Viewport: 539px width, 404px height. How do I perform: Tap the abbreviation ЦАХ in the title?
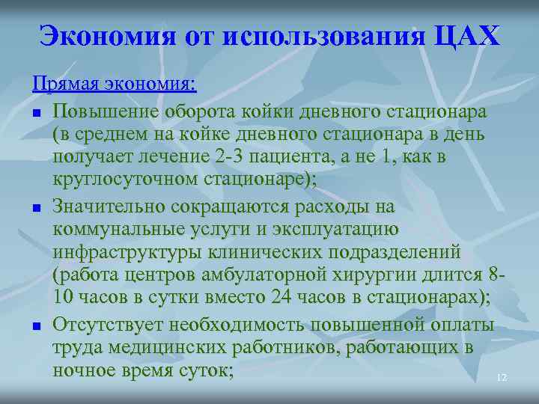466,35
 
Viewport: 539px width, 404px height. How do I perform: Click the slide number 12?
502,379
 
